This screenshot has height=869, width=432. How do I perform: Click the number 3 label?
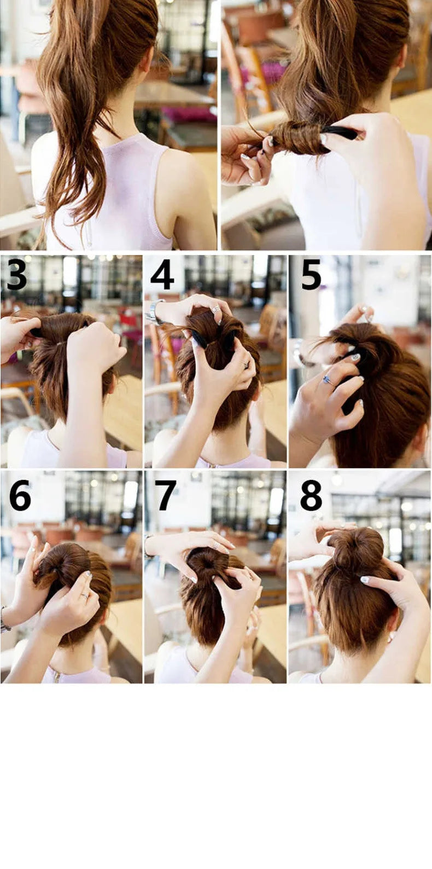click(16, 275)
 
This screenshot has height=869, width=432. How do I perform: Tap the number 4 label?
click(162, 274)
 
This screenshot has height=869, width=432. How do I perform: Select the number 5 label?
click(311, 274)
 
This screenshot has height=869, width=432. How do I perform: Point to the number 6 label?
click(20, 495)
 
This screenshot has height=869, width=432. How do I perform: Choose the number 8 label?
click(311, 495)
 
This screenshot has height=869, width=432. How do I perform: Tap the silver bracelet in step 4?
click(154, 312)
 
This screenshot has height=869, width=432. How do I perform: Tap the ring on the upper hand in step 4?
click(217, 309)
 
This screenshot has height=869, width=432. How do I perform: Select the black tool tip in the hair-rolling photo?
click(341, 132)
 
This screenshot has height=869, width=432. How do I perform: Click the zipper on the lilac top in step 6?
click(58, 676)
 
